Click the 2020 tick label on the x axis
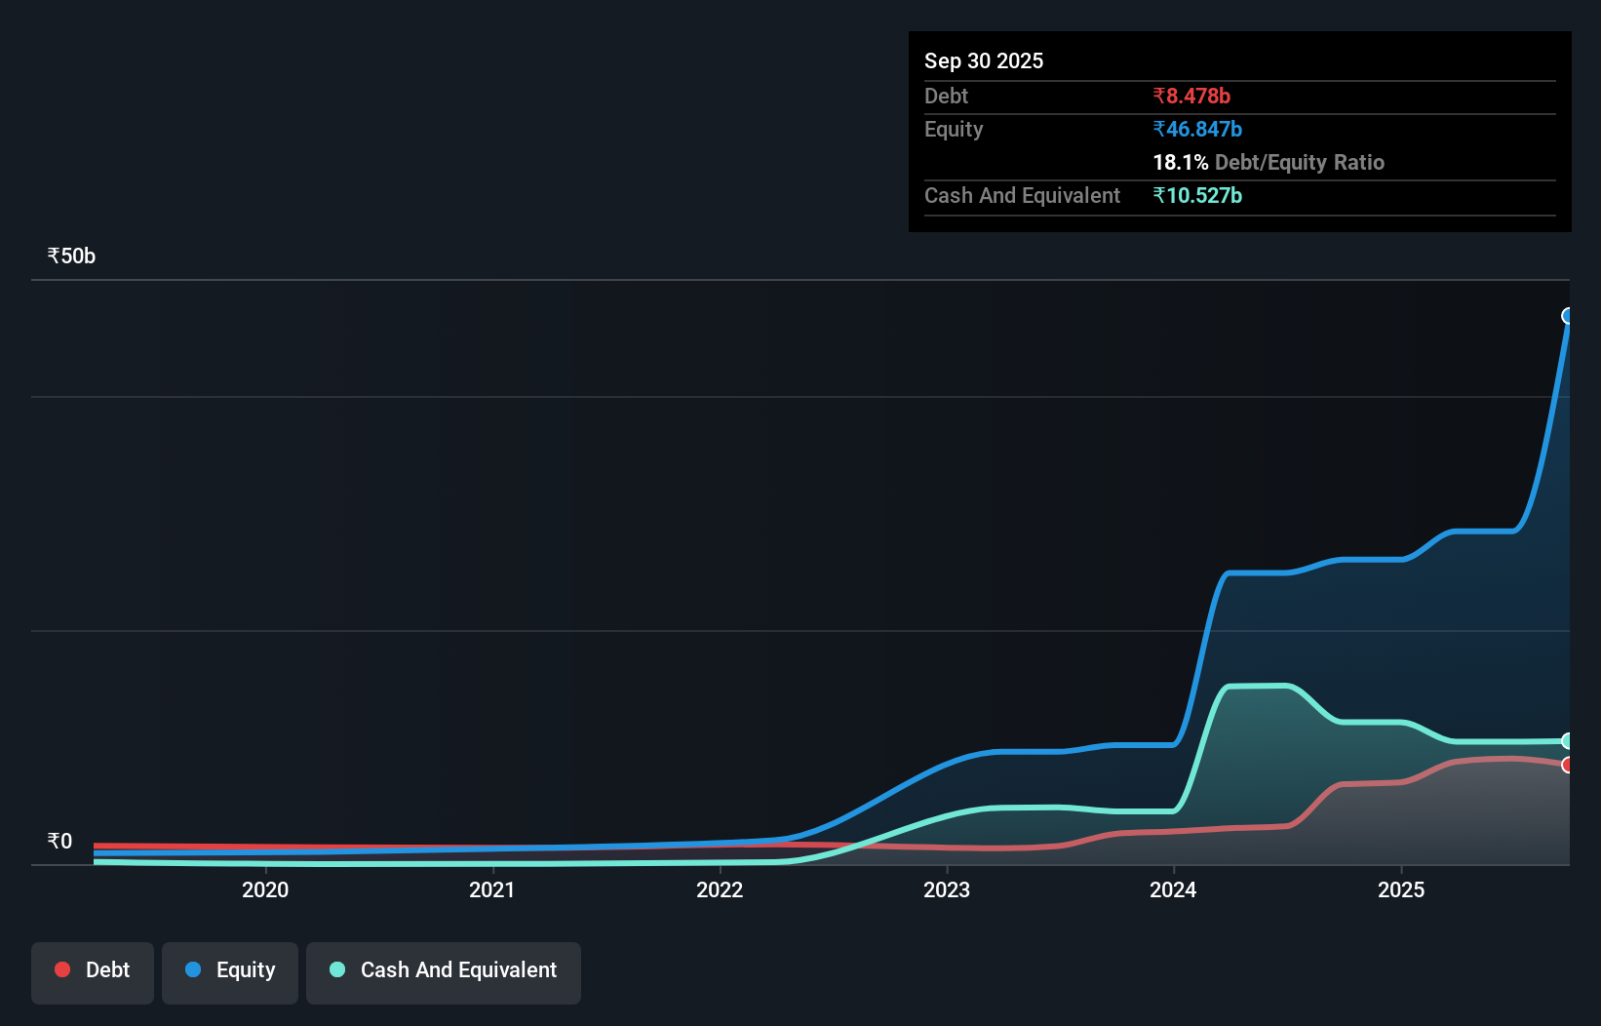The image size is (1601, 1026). [265, 889]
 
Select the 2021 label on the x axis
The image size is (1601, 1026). [492, 889]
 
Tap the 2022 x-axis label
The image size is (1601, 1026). [720, 889]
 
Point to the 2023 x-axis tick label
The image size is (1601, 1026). [947, 889]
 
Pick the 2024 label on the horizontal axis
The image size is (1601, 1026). [1173, 889]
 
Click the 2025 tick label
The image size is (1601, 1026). [1401, 889]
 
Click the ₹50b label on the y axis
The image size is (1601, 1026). [71, 256]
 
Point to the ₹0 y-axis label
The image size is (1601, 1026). [59, 841]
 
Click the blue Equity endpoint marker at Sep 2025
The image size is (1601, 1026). [1568, 316]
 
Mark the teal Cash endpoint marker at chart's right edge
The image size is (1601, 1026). [1568, 741]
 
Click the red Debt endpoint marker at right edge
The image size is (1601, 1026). [1568, 765]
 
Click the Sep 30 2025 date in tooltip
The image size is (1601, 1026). [984, 60]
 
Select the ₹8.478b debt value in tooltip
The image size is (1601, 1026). [1191, 96]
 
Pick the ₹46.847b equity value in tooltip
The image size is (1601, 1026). [1197, 129]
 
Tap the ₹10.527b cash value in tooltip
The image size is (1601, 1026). [1197, 195]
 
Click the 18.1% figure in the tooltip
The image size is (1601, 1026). [1180, 162]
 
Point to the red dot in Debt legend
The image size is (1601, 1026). [62, 969]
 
